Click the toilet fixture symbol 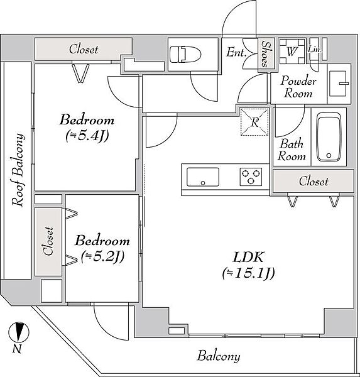pyautogui.click(x=185, y=54)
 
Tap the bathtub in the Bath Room pyautogui.click(x=329, y=137)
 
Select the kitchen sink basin pyautogui.click(x=203, y=177)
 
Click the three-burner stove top pyautogui.click(x=251, y=177)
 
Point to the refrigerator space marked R pyautogui.click(x=254, y=122)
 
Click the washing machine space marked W pyautogui.click(x=292, y=52)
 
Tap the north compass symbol pyautogui.click(x=18, y=332)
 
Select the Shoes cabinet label pyautogui.click(x=266, y=54)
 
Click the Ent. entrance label pyautogui.click(x=236, y=52)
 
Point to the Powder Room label pyautogui.click(x=298, y=87)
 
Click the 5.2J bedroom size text pyautogui.click(x=102, y=257)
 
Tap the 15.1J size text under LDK pyautogui.click(x=248, y=273)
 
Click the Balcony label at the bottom pyautogui.click(x=219, y=356)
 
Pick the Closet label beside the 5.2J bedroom pyautogui.click(x=48, y=241)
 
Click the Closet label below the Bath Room pyautogui.click(x=314, y=182)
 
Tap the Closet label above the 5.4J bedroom pyautogui.click(x=84, y=49)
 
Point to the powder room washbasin pyautogui.click(x=338, y=84)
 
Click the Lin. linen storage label pyautogui.click(x=315, y=50)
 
